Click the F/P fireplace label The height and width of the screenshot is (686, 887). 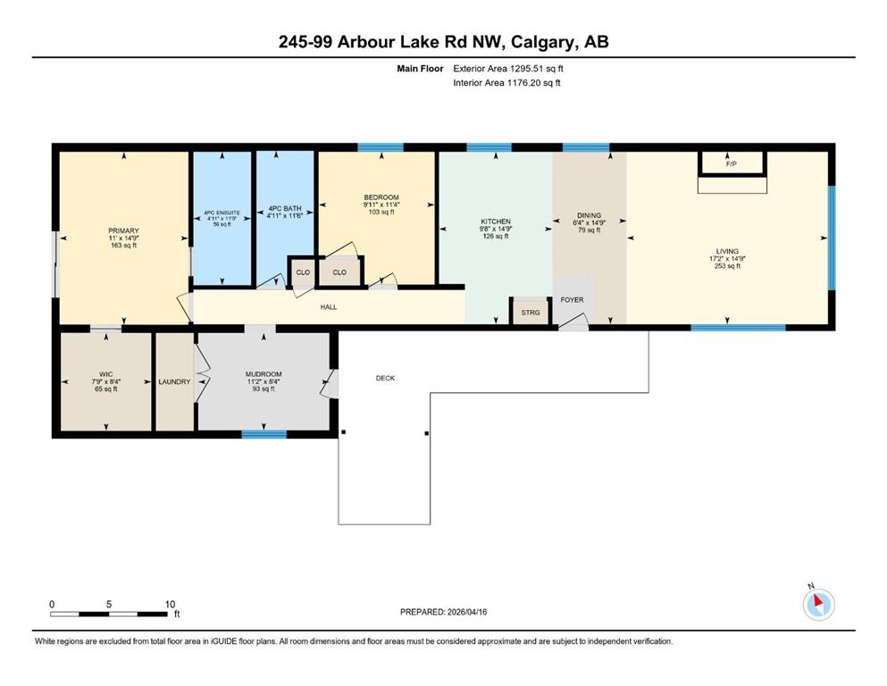pos(731,164)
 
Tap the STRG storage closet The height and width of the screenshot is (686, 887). pos(530,312)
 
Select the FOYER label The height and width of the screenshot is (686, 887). pos(572,300)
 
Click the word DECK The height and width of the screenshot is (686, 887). pos(385,378)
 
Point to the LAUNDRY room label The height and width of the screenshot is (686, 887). pos(174,381)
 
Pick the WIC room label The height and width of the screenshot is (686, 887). pos(105,374)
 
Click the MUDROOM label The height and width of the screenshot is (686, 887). pos(264,374)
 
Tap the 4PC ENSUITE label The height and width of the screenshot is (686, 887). pos(222,213)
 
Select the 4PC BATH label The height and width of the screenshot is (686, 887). pos(285,208)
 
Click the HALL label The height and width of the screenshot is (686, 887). pos(329,307)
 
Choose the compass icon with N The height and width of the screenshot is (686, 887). pos(818,603)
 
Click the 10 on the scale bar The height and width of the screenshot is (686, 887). pos(171,604)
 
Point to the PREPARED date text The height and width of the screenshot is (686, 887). pos(443,612)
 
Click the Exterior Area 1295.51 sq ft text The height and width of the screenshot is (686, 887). pos(508,69)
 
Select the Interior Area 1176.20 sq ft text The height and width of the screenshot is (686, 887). pos(506,82)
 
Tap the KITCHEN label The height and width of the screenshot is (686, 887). pos(496,222)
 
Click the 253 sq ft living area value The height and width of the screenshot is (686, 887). pos(727,266)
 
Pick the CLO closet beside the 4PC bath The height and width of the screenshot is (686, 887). pos(303,272)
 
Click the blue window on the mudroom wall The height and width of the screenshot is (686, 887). pos(264,434)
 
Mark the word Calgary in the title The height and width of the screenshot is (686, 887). pos(544,42)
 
